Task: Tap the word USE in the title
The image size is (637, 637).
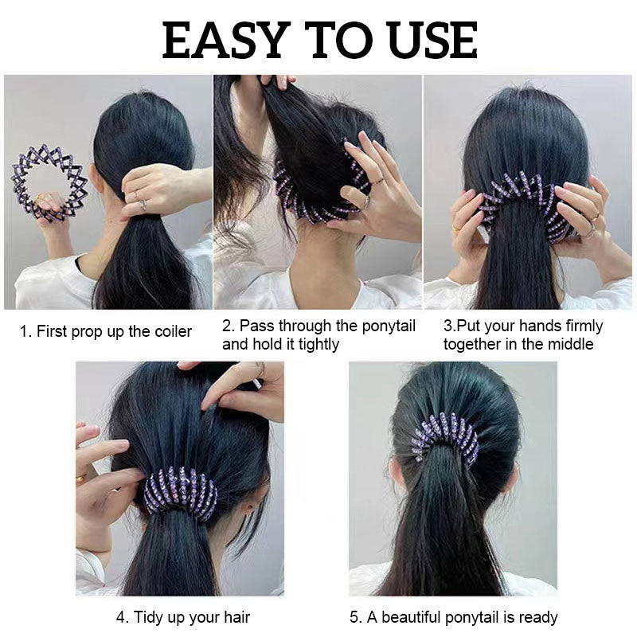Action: [432, 41]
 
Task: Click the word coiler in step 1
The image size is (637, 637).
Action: [173, 331]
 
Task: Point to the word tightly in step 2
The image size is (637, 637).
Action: [315, 345]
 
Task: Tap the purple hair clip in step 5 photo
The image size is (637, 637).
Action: [445, 438]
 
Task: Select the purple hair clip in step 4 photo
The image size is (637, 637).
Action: [181, 492]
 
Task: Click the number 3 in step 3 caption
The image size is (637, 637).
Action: [448, 326]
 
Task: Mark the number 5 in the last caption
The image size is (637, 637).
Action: [354, 618]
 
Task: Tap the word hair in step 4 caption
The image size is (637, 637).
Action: [236, 618]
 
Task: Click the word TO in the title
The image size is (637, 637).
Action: [339, 41]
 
